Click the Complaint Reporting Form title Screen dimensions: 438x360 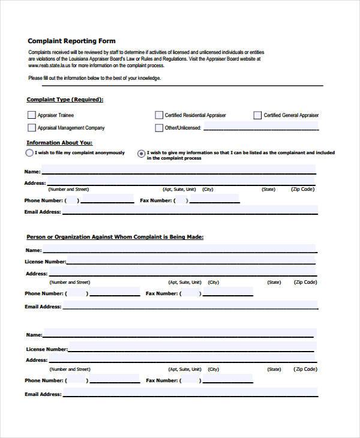click(x=71, y=41)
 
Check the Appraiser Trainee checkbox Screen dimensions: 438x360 click(x=31, y=115)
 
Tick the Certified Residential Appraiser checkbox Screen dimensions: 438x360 click(x=159, y=115)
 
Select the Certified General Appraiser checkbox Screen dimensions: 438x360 click(x=257, y=115)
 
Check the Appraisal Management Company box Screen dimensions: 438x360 click(x=31, y=128)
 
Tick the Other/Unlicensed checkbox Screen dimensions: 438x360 click(x=159, y=128)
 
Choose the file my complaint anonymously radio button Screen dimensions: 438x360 click(x=29, y=153)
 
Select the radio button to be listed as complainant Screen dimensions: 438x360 click(x=141, y=154)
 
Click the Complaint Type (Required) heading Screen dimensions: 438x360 click(x=65, y=100)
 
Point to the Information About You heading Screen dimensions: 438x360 click(x=59, y=143)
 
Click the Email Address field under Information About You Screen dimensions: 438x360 click(x=189, y=211)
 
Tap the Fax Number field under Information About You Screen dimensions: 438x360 click(x=213, y=200)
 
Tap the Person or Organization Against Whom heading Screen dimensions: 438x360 click(x=115, y=237)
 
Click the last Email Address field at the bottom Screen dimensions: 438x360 click(x=190, y=394)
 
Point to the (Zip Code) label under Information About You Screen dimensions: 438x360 click(x=302, y=189)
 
